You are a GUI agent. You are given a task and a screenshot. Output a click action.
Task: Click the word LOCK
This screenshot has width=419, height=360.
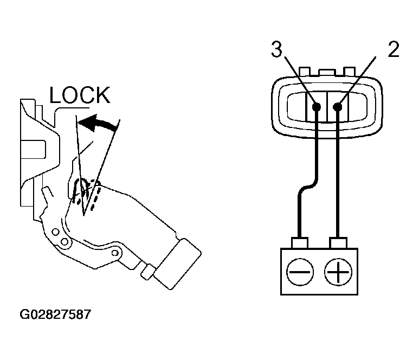click(80, 95)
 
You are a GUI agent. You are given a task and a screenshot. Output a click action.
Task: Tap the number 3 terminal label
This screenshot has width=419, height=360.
click(276, 49)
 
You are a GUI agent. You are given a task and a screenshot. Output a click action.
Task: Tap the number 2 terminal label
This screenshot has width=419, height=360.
click(394, 49)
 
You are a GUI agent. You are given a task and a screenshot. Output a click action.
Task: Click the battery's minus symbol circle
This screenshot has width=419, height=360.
click(300, 272)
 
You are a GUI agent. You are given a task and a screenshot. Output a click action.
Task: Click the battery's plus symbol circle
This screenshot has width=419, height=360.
click(338, 272)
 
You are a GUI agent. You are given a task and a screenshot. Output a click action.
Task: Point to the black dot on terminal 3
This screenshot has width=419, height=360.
click(317, 107)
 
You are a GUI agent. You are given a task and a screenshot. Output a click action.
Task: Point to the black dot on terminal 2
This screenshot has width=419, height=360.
click(338, 107)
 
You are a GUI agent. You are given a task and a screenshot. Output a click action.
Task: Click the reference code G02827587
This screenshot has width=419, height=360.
click(55, 314)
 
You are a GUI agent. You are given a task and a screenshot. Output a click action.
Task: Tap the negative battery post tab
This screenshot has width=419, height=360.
click(300, 243)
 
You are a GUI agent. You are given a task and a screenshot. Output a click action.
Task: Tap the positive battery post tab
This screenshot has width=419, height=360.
click(339, 243)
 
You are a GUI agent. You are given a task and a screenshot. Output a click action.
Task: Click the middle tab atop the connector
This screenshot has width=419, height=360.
click(327, 73)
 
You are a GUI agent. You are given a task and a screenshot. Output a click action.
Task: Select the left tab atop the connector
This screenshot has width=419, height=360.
click(305, 72)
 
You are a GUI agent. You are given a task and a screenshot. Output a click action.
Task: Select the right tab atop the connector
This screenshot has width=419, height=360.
click(349, 72)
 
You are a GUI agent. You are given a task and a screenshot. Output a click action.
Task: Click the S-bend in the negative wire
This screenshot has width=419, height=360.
click(308, 187)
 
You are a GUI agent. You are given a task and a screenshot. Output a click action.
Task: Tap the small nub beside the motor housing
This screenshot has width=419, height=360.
click(147, 272)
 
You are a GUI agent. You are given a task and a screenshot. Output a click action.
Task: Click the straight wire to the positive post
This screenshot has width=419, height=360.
click(338, 173)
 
